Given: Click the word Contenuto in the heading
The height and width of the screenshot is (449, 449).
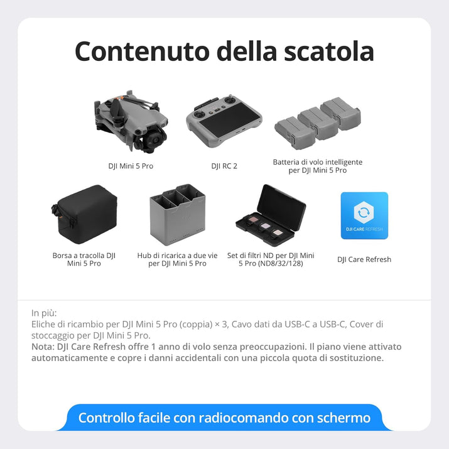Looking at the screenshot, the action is pos(142,51).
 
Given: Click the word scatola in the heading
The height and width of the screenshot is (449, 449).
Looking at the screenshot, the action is pos(329,51).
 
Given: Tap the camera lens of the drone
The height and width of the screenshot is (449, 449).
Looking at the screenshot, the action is pos(156,141).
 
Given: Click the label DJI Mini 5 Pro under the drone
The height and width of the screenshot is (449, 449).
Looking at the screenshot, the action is pos(131,166).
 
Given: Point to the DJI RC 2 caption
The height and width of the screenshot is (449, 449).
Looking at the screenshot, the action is pos(224,166).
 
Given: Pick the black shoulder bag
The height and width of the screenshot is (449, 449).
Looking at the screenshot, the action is pos(85,214).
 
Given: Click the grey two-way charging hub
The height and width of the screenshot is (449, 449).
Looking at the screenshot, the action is pos(178,215).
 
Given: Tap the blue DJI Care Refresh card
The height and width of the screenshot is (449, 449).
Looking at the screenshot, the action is pos(364,215).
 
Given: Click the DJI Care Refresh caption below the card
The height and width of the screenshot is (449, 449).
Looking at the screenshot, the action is pos(364,259).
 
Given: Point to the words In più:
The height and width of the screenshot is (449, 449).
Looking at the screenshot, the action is pos(44,313).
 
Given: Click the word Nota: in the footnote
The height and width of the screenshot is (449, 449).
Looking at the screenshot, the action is pos(43,347).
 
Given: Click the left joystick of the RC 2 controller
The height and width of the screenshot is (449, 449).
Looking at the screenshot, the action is pos(197,114).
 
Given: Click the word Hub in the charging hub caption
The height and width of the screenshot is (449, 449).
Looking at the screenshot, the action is pos(144,256).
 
